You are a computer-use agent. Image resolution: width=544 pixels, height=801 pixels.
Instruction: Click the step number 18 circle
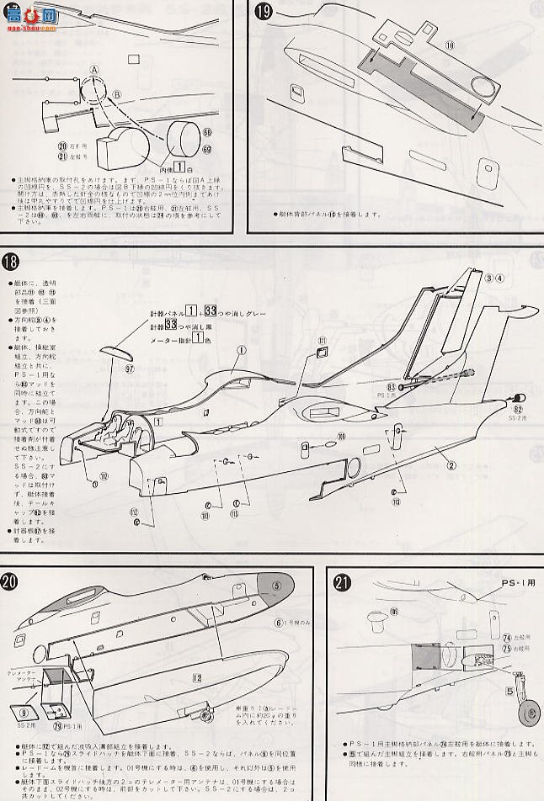point(11,261)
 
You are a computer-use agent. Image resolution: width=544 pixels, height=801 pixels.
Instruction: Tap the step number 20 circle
point(11,581)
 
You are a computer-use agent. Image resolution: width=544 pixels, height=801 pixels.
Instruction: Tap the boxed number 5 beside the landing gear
point(509,692)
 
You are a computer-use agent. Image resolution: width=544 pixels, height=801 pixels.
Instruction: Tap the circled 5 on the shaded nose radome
point(276,586)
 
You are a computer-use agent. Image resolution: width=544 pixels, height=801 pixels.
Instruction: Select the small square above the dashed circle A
point(132,60)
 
